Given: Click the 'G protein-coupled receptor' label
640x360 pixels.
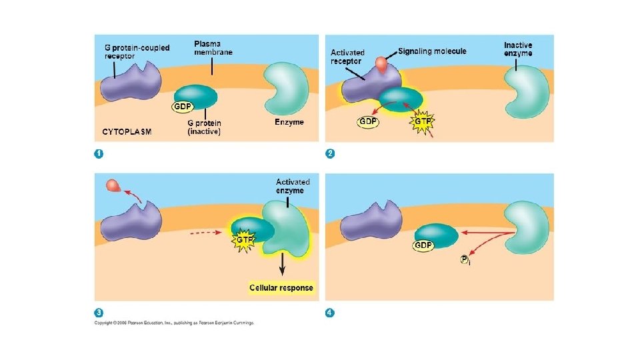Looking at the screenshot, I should pos(137,51).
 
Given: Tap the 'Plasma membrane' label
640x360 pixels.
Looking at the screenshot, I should pos(213,48).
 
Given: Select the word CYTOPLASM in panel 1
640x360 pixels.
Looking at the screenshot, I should pos(127,131).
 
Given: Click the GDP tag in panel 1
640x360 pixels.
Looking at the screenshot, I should pos(182,106).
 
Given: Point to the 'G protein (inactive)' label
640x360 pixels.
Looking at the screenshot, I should pos(204,127).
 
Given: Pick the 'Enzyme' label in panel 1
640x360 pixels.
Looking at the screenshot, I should pos(289,122).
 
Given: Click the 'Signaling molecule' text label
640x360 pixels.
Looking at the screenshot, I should pos(432,51).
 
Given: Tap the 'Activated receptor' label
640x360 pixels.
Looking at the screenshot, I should pos(347,57).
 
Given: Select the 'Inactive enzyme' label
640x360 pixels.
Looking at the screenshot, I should pos(518,49).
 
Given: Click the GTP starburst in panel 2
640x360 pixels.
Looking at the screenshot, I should pos(422,123).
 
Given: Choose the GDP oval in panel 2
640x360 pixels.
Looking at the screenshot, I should pos(368,122).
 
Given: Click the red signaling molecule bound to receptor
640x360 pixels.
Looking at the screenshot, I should pos(381,64).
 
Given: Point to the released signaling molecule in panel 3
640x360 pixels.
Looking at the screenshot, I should pos(114,187).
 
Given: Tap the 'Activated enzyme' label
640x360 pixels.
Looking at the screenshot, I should pos(293,186).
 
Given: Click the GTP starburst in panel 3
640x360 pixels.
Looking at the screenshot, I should pos(243,239).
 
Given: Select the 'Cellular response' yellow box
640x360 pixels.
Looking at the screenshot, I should pos(281,287).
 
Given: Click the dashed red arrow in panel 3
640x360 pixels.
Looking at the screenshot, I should pos(205,233).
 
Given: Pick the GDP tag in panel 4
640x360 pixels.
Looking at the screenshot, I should pos(423,245).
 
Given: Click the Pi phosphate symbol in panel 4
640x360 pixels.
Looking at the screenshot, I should pos(466,260).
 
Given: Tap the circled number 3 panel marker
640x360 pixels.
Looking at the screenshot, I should pos(99,312).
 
